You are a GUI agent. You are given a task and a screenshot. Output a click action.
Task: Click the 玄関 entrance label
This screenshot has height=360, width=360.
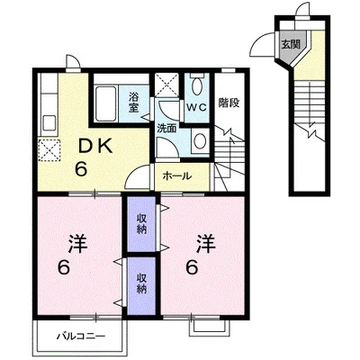point(291,44)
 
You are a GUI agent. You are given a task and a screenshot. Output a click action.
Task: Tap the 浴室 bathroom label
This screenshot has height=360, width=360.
point(133,103)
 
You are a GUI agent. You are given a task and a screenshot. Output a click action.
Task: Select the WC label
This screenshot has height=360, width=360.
point(197,107)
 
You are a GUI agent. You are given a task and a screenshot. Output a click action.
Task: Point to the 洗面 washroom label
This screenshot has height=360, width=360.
point(166,129)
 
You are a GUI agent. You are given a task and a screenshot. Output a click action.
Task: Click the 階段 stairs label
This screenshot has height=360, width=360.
point(229,103)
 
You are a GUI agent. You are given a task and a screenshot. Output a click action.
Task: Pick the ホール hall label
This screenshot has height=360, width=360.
point(177,176)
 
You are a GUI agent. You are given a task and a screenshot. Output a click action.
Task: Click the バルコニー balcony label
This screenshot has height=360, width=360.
point(81,336)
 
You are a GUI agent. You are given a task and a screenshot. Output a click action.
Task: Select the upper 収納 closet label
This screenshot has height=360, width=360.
point(141,223)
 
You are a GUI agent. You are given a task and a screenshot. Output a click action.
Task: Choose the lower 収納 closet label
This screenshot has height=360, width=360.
point(141,283)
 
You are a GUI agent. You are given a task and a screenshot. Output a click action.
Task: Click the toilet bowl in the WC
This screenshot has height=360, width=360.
point(197,86)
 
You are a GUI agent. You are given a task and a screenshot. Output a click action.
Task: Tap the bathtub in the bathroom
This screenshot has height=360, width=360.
point(105,103)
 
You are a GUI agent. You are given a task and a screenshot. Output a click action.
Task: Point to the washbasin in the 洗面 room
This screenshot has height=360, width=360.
point(200,139)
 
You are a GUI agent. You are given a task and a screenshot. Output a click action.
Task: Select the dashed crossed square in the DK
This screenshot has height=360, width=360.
point(49,150)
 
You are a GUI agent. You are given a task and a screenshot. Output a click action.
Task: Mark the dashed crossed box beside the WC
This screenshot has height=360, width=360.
point(166,85)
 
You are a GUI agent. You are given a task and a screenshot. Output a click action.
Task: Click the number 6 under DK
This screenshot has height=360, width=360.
point(81,170)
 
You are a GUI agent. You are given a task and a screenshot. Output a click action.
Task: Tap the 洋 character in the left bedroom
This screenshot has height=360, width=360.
point(77,244)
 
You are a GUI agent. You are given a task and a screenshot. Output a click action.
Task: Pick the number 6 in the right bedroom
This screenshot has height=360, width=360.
point(193,267)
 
